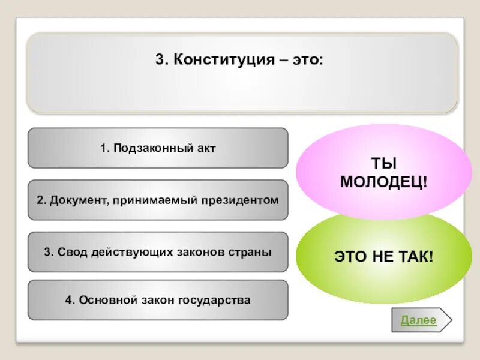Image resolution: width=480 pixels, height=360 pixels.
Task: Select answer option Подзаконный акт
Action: pos(158,148)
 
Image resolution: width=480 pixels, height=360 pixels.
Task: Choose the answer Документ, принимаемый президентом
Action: pos(158,200)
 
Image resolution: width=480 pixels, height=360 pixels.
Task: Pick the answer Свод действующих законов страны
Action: pos(158,252)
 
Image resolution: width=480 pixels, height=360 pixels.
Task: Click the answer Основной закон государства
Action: pos(158,299)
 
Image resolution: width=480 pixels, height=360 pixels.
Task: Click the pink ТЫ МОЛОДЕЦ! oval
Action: pos(384,172)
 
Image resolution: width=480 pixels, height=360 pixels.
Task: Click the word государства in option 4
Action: pos(214,299)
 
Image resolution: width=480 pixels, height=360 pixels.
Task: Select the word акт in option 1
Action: pos(205,148)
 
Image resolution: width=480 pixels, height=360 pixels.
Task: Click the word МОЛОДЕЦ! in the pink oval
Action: pos(384,182)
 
